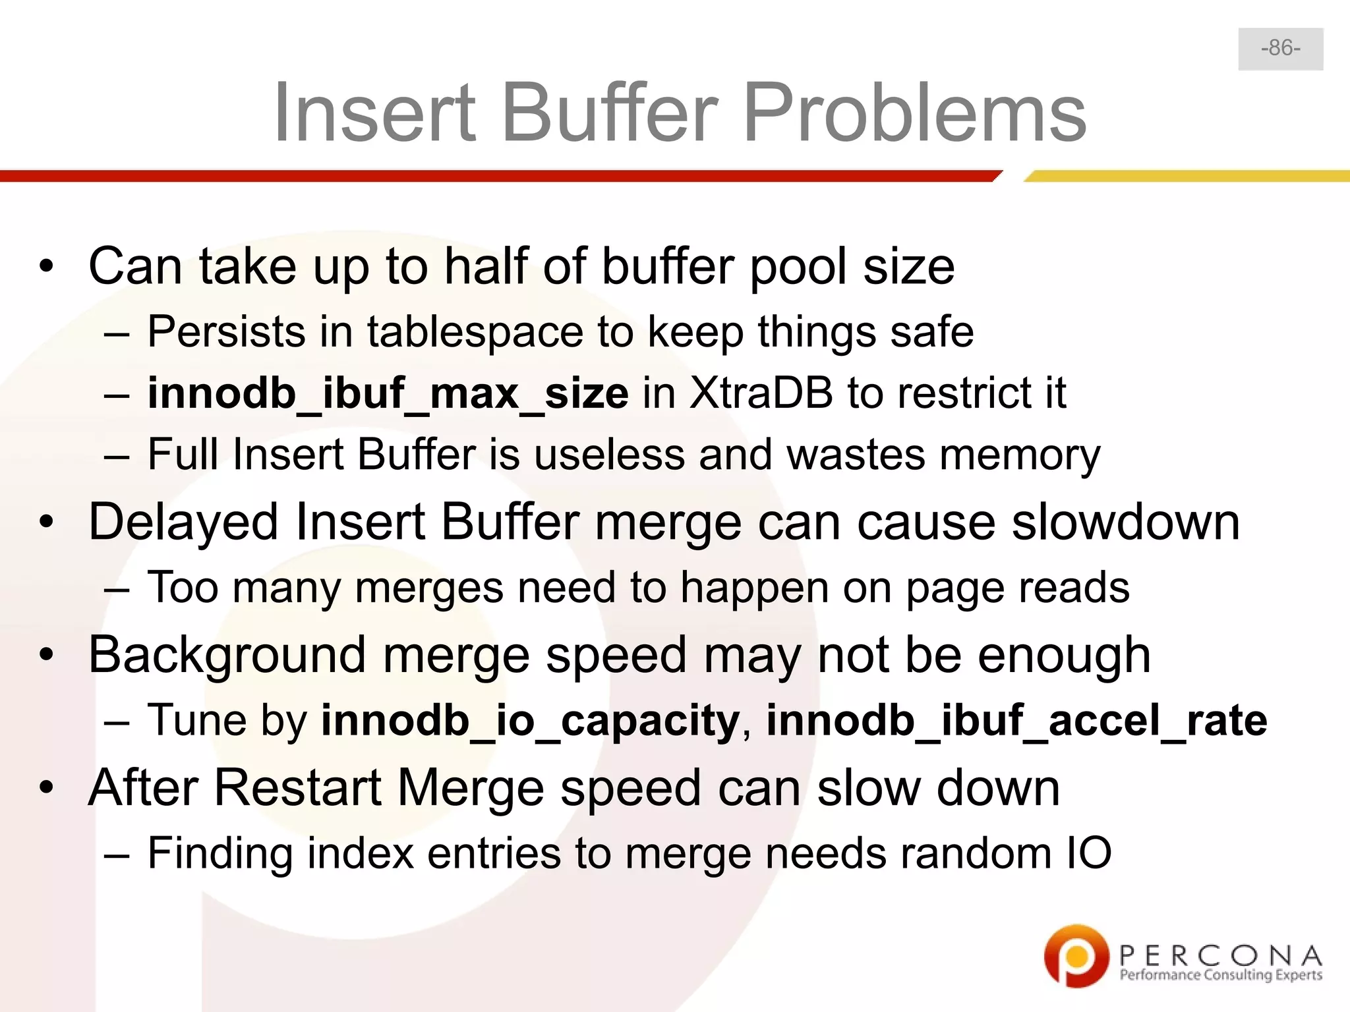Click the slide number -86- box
click(x=1280, y=49)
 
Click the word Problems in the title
click(x=914, y=113)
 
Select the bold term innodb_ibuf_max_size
click(x=388, y=393)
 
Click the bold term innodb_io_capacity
click(x=531, y=720)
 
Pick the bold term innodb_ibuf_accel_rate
click(x=1016, y=720)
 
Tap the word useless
click(x=610, y=455)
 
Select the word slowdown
click(x=1126, y=522)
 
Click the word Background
click(x=227, y=656)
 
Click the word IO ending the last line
click(x=1088, y=853)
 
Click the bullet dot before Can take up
click(x=45, y=267)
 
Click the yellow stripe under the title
click(x=1187, y=176)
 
